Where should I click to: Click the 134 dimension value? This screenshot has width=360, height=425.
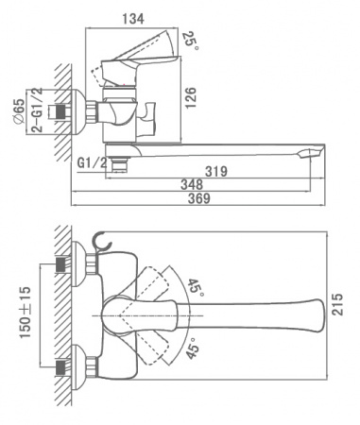click(133, 19)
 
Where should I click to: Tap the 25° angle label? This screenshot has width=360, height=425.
click(191, 41)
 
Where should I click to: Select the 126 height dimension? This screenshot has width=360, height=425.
click(190, 98)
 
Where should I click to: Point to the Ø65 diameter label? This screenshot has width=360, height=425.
click(18, 111)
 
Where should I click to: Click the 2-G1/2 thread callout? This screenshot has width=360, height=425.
click(38, 110)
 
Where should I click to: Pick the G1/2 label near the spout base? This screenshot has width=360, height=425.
click(93, 163)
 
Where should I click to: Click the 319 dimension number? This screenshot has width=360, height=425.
click(216, 172)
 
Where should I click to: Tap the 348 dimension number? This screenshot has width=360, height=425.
click(192, 184)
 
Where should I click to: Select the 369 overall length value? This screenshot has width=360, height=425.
click(199, 198)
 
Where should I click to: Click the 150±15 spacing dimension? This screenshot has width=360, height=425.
click(26, 313)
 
